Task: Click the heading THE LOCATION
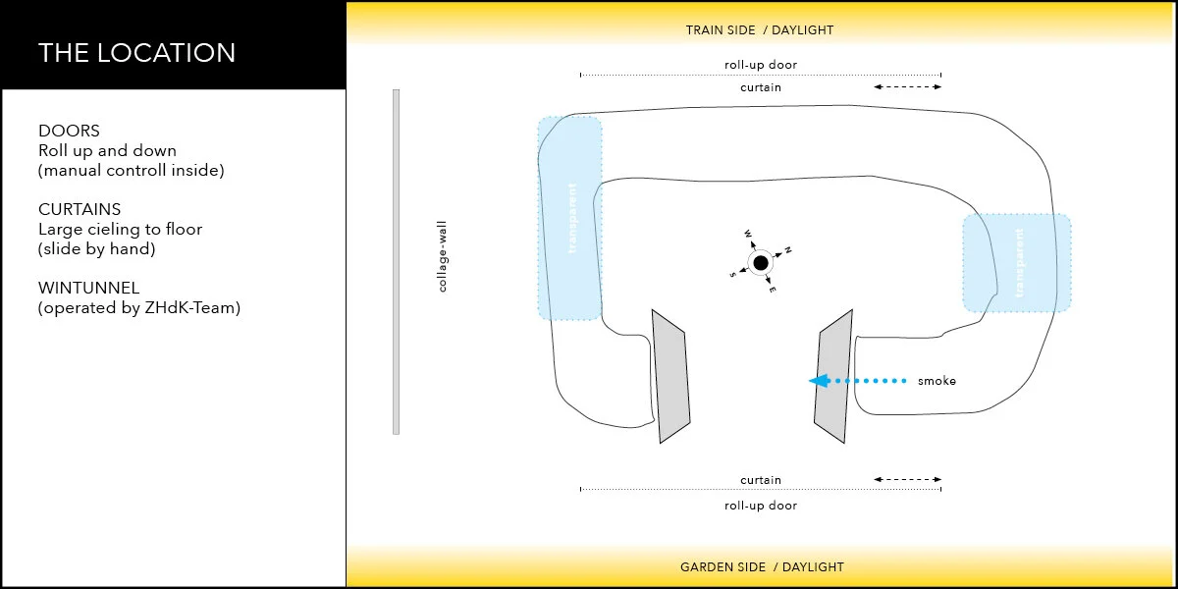coord(136,52)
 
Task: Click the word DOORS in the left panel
coord(69,131)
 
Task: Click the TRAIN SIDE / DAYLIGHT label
coord(760,30)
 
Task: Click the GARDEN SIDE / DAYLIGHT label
coord(762,566)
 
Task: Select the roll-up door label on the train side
coord(761,66)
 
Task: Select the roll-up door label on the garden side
coord(761,506)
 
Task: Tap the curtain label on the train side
coord(761,87)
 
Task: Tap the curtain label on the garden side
coord(761,480)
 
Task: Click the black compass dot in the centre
coord(760,262)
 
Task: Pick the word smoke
coord(937,381)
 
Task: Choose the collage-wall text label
coord(443,256)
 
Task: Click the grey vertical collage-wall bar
coord(396,261)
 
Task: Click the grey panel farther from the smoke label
coord(671,376)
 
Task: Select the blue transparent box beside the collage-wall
coord(569,218)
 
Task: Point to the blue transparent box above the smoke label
coord(1017,263)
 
